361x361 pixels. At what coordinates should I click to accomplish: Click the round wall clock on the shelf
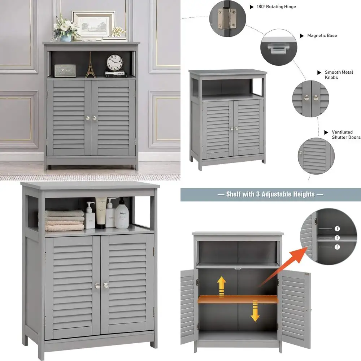tap(115, 62)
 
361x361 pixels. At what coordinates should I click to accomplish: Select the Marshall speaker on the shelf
tap(65, 70)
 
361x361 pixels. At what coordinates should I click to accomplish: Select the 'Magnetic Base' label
tap(322, 36)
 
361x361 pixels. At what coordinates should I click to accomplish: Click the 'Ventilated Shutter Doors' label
tap(346, 135)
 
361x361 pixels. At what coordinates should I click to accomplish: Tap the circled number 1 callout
tap(337, 229)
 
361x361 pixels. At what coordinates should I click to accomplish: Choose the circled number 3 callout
tap(337, 247)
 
